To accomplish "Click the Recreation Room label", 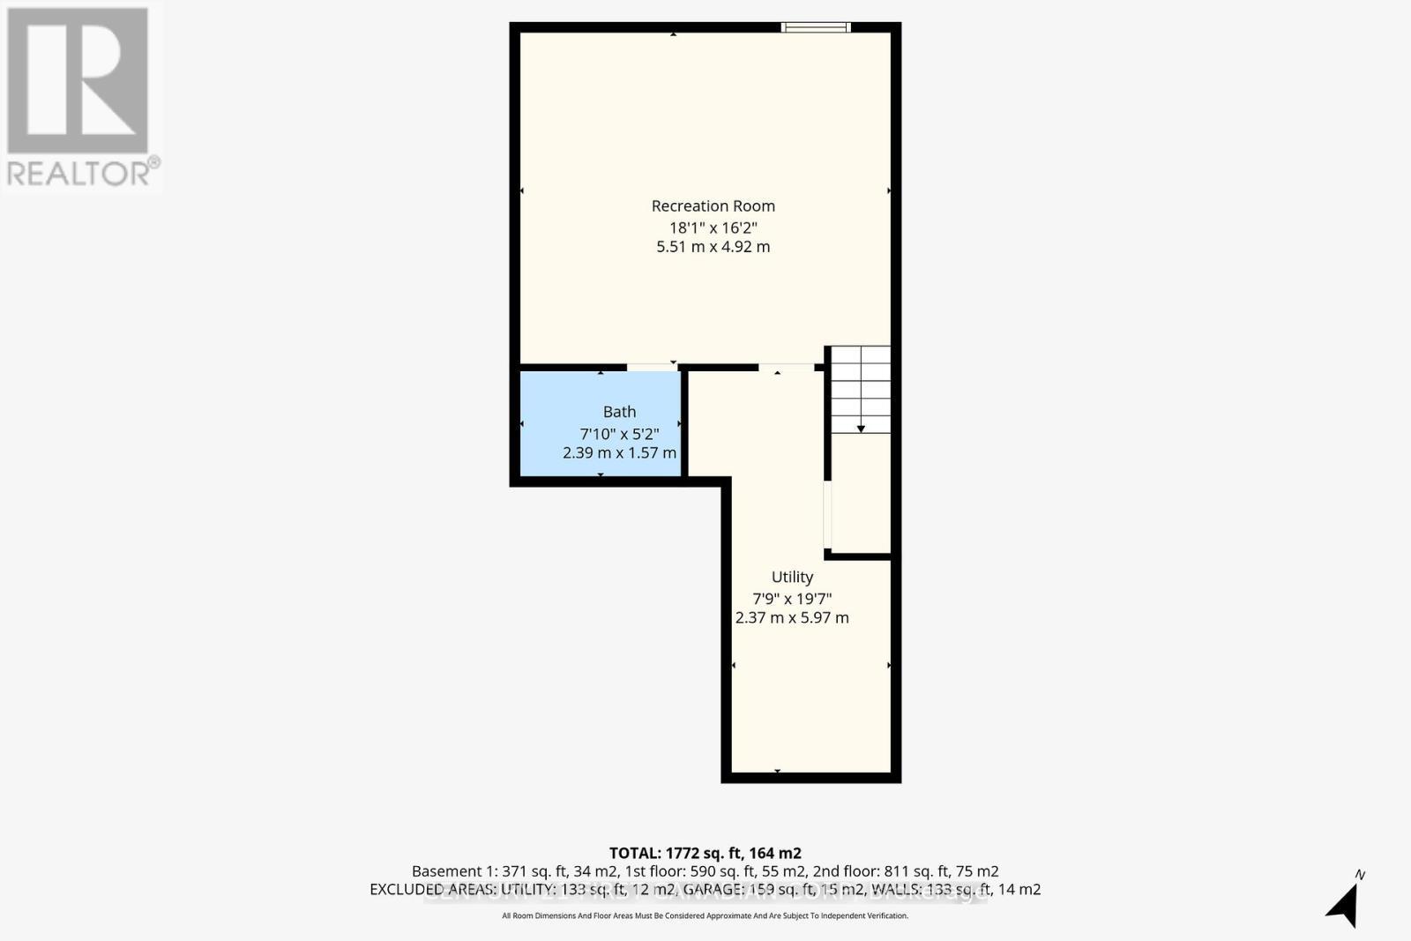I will [x=713, y=205].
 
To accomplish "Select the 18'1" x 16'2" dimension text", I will [x=713, y=228].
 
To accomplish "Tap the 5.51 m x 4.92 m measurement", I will [x=713, y=247].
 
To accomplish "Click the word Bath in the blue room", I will [x=619, y=412].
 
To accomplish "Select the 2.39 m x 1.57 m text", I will [x=619, y=452].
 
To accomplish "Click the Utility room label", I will [x=792, y=577].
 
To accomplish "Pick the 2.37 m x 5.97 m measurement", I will [x=792, y=618].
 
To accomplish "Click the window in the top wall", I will [x=816, y=27].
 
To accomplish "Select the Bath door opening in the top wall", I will [x=653, y=367].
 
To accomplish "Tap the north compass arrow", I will [x=1344, y=904].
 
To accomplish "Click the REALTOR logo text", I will [x=82, y=172].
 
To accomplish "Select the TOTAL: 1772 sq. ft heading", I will [x=705, y=853].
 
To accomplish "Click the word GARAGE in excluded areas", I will [x=713, y=889].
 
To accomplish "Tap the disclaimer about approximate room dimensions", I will [x=705, y=915].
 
